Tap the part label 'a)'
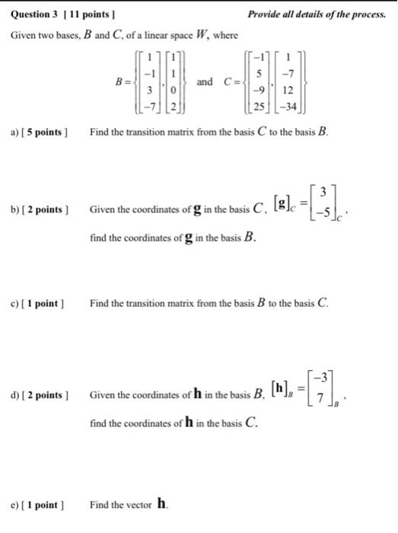15,132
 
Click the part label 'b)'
15,210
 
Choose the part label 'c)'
15,304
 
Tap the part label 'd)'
15,394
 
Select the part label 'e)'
15,504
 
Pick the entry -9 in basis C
259,88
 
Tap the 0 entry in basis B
176,89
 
